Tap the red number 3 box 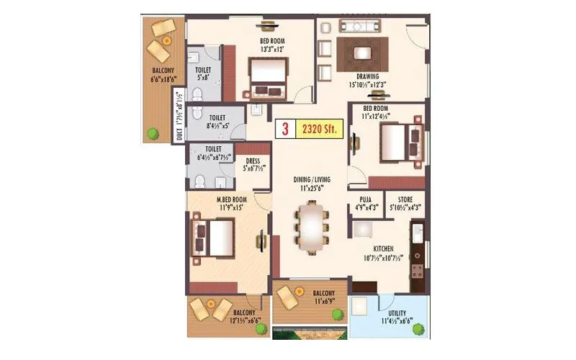285,130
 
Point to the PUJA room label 363,203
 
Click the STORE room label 400,203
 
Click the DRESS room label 252,162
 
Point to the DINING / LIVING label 311,181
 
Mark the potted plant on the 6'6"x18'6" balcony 153,132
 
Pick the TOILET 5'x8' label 202,73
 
